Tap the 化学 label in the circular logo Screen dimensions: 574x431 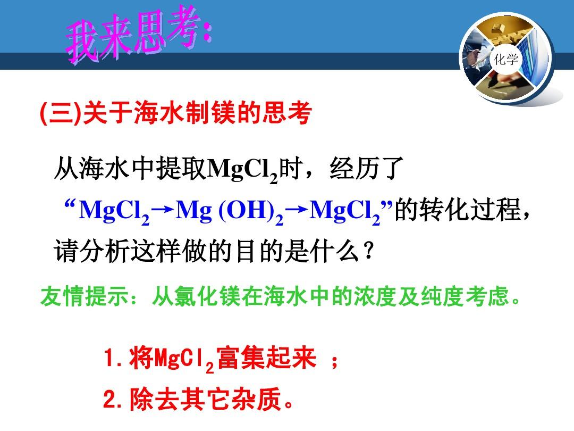[506, 59]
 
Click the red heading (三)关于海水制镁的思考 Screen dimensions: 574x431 [176, 112]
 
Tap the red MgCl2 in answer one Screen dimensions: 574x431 [184, 359]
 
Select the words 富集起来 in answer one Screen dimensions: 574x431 [266, 358]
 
